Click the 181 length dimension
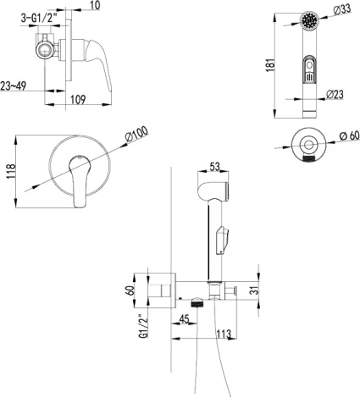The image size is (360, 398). pyautogui.click(x=269, y=65)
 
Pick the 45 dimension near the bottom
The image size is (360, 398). pyautogui.click(x=184, y=319)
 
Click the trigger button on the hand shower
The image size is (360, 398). pyautogui.click(x=310, y=75)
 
